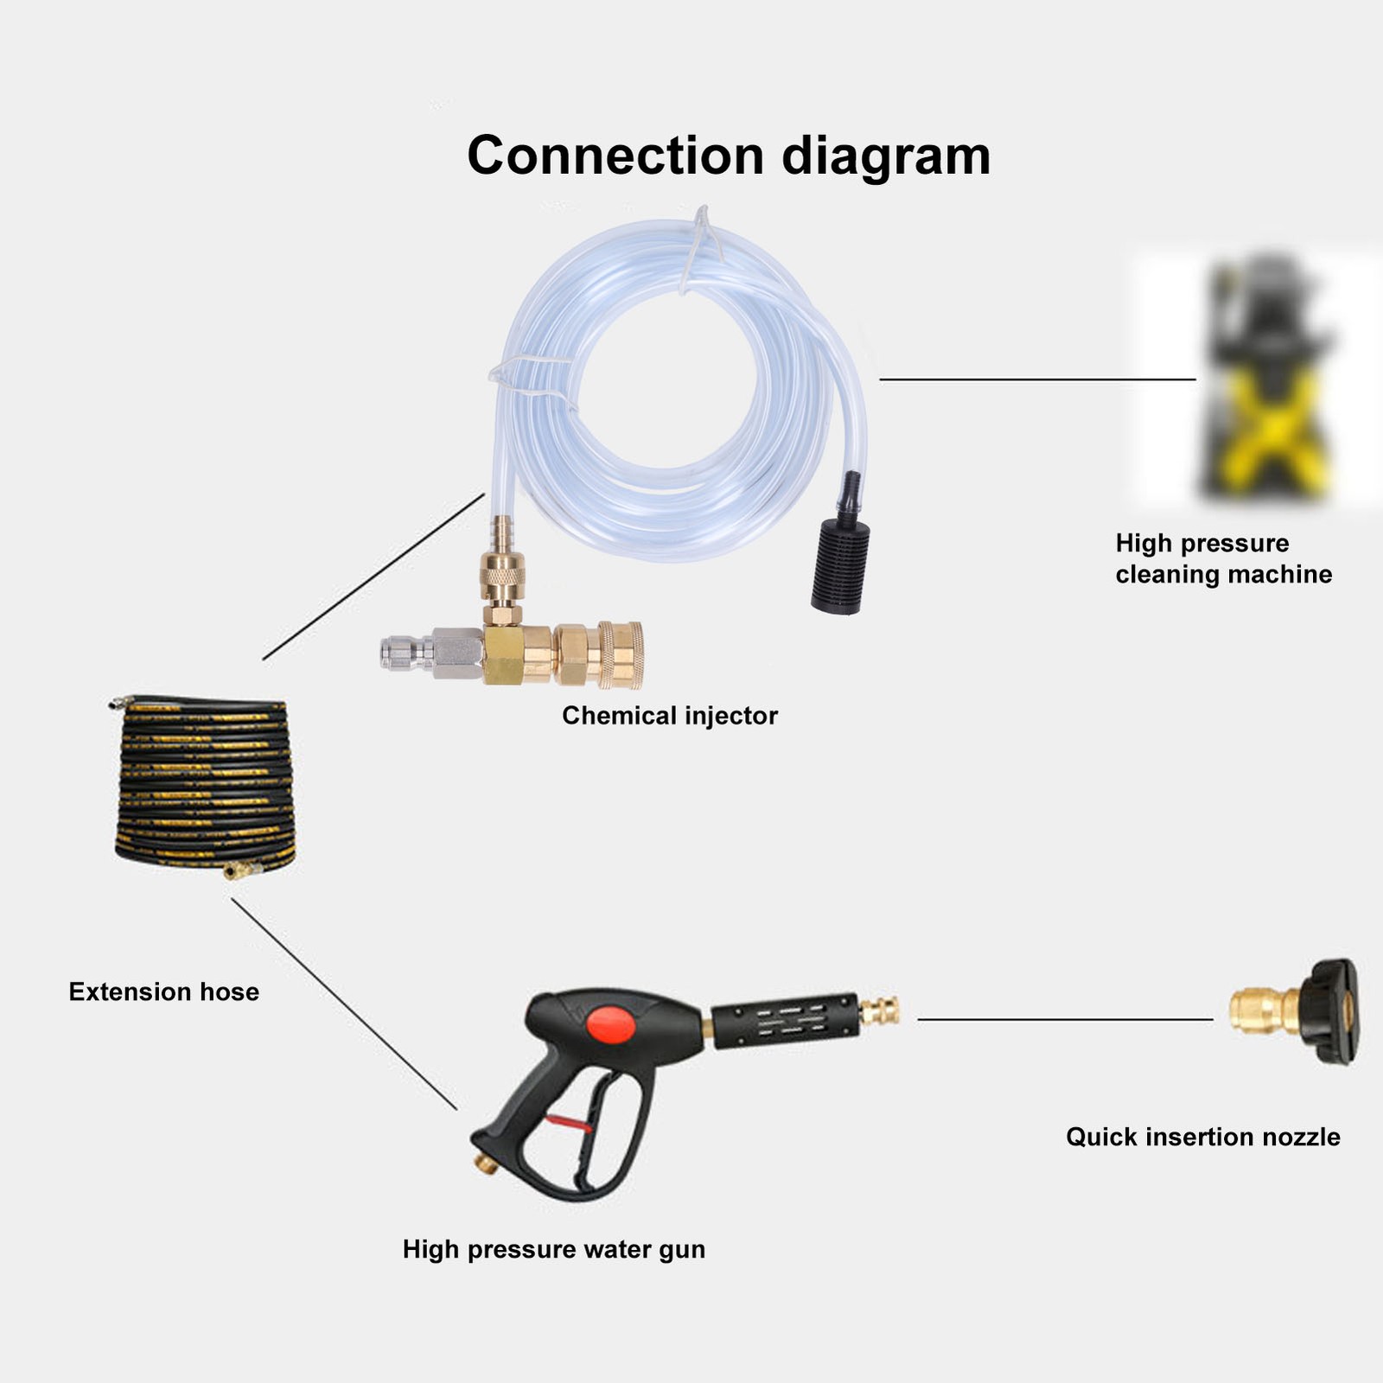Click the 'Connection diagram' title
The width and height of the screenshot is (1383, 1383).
(729, 156)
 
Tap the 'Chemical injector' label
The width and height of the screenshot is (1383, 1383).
(670, 716)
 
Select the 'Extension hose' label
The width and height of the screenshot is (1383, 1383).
(163, 991)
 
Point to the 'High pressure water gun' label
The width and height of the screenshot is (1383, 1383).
(554, 1250)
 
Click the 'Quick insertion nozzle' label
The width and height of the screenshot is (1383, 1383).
(1203, 1137)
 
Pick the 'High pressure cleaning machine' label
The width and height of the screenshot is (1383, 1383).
(1224, 558)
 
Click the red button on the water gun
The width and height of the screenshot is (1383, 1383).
(612, 1025)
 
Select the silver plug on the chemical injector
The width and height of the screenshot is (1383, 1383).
(431, 653)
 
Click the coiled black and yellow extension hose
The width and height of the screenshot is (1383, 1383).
(205, 785)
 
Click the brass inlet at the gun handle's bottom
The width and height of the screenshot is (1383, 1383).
(486, 1163)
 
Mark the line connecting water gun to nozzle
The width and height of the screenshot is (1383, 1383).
(1065, 1020)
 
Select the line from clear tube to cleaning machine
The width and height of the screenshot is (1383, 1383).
(1037, 379)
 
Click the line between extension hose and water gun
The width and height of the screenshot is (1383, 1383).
(344, 1004)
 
